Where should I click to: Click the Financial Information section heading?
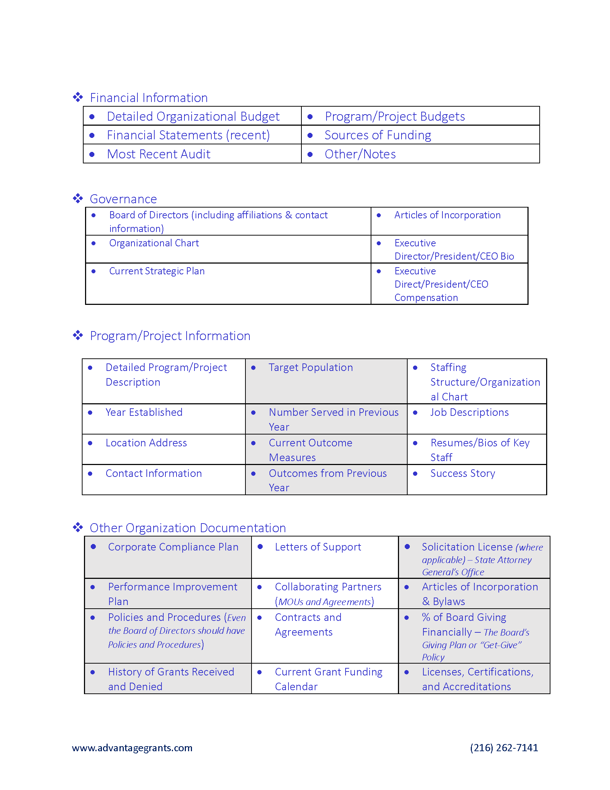(149, 98)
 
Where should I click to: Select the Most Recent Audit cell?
(159, 154)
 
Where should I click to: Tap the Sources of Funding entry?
(377, 135)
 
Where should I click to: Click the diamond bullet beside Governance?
(78, 199)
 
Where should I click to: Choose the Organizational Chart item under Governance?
(154, 243)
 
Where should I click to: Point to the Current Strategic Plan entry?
(157, 271)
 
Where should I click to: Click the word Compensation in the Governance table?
(426, 298)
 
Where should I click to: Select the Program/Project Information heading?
(170, 336)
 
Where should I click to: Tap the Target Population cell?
(311, 367)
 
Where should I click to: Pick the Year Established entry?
(144, 412)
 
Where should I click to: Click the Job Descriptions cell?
(469, 412)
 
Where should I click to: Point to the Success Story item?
(463, 474)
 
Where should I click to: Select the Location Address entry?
(146, 443)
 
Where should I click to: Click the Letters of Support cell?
(318, 547)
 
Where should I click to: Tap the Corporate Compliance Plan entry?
(173, 547)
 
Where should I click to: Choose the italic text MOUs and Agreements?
(324, 602)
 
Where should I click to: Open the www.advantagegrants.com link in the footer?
(132, 748)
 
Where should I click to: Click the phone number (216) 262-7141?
(504, 748)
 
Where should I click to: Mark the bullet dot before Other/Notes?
(310, 154)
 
